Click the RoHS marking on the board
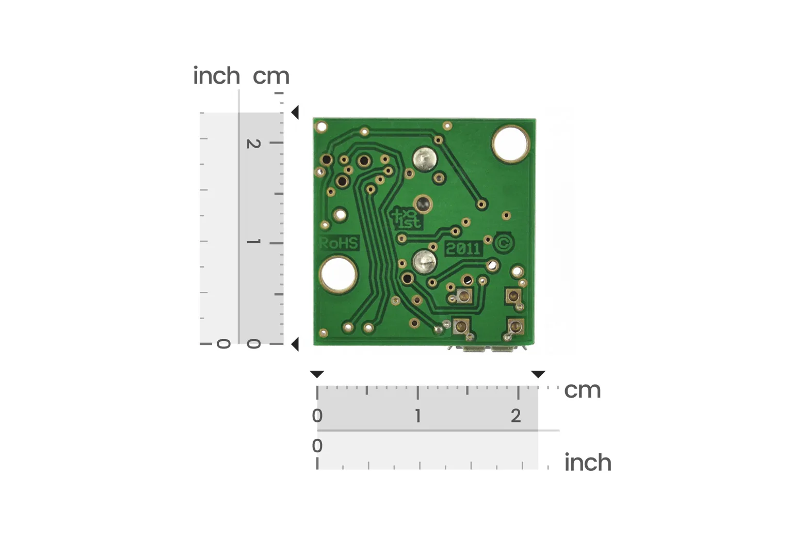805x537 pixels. pyautogui.click(x=339, y=243)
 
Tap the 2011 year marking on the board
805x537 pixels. pyautogui.click(x=463, y=248)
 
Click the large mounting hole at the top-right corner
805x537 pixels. pyautogui.click(x=511, y=144)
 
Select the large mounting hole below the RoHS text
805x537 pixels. pyautogui.click(x=338, y=275)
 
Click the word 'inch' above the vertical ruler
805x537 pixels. pyautogui.click(x=216, y=76)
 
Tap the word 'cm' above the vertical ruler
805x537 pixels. pyautogui.click(x=271, y=76)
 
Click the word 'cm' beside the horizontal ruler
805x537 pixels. pyautogui.click(x=582, y=390)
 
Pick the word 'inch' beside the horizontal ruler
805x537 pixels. pyautogui.click(x=588, y=462)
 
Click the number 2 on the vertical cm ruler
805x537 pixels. pyautogui.click(x=253, y=144)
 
